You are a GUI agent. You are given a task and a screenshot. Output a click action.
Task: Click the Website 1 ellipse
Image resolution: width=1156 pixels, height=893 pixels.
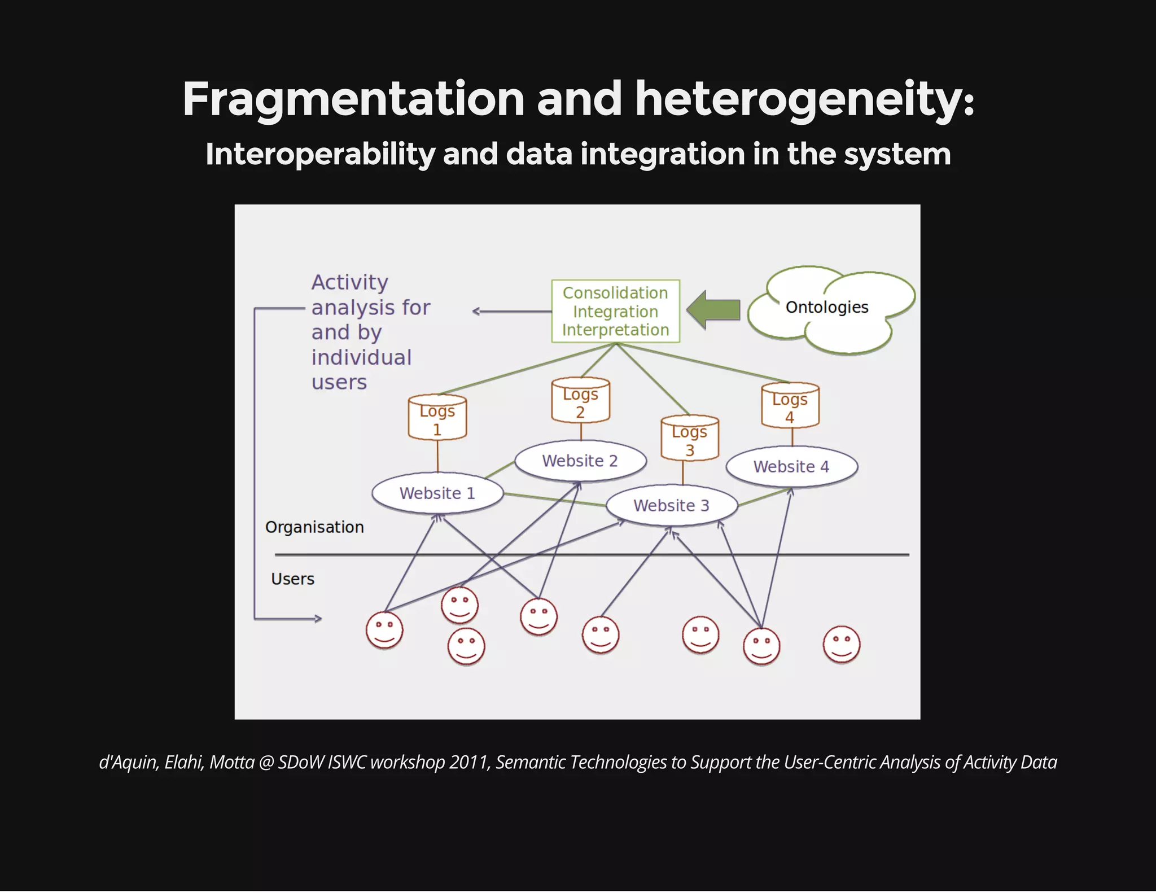pyautogui.click(x=437, y=493)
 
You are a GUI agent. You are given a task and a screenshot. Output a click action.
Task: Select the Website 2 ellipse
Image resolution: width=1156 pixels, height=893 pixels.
pyautogui.click(x=580, y=461)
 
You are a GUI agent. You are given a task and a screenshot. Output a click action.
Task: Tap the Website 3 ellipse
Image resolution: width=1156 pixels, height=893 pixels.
pyautogui.click(x=671, y=505)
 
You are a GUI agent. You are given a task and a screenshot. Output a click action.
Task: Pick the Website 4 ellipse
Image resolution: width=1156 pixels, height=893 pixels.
pyautogui.click(x=791, y=467)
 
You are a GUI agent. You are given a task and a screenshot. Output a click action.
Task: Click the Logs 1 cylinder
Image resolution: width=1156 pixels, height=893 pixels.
pyautogui.click(x=437, y=418)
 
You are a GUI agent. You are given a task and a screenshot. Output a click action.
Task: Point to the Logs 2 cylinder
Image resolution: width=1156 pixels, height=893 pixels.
pyautogui.click(x=580, y=401)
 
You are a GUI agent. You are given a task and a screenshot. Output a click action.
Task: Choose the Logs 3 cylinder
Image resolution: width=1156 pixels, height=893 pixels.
pyautogui.click(x=690, y=439)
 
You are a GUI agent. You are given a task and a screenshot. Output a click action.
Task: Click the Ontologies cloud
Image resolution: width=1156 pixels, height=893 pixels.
pyautogui.click(x=827, y=308)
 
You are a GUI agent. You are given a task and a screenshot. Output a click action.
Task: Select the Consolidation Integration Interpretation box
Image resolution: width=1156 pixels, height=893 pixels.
pyautogui.click(x=615, y=311)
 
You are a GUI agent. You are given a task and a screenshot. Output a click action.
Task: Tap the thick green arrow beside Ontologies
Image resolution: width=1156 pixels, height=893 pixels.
pyautogui.click(x=714, y=310)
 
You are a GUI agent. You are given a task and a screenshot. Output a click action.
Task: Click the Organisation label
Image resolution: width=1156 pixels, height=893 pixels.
pyautogui.click(x=314, y=527)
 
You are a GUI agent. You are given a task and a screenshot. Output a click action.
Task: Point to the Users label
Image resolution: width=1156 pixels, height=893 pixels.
pyautogui.click(x=292, y=579)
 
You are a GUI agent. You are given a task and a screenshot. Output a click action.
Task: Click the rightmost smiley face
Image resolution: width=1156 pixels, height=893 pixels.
pyautogui.click(x=841, y=644)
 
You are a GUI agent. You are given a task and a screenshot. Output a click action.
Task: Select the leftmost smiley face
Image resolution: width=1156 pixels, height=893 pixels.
pyautogui.click(x=384, y=630)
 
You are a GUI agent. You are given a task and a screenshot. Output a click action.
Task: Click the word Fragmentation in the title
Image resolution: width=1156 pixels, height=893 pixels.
pyautogui.click(x=353, y=99)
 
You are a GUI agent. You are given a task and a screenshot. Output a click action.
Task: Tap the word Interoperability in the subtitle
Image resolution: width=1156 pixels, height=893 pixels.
pyautogui.click(x=320, y=154)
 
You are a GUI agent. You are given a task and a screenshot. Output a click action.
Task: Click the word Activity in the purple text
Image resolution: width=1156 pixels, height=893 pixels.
pyautogui.click(x=350, y=282)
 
